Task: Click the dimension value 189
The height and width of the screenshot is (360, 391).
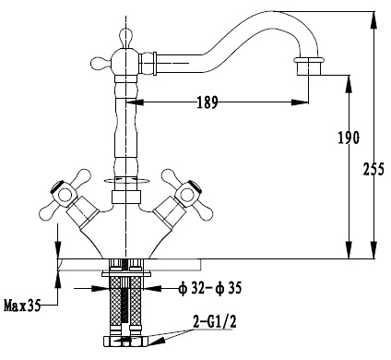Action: [x=207, y=102]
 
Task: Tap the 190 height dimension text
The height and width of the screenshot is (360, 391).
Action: [x=349, y=138]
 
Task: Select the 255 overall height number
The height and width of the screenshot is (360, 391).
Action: [x=373, y=169]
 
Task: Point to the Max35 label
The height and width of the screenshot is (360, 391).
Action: [x=22, y=306]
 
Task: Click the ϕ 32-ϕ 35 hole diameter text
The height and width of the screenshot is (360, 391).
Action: [x=210, y=289]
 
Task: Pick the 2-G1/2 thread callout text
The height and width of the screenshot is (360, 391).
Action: [x=215, y=322]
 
